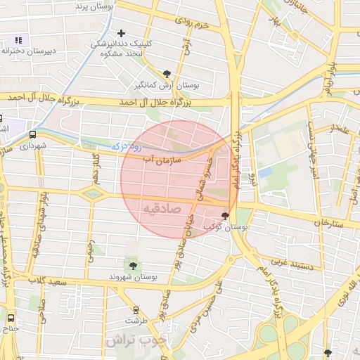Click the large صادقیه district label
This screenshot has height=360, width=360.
point(162,209)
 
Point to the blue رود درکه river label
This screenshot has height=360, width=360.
point(127,146)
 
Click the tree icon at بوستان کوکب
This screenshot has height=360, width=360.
point(225,216)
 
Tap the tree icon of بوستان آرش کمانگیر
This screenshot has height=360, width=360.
point(167,73)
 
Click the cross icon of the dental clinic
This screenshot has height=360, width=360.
point(122,33)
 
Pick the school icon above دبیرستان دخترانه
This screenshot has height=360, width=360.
point(18,41)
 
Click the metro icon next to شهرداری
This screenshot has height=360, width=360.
point(33,134)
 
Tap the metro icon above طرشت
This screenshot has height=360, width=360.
point(136,309)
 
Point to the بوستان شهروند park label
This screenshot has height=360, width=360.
point(131,277)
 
